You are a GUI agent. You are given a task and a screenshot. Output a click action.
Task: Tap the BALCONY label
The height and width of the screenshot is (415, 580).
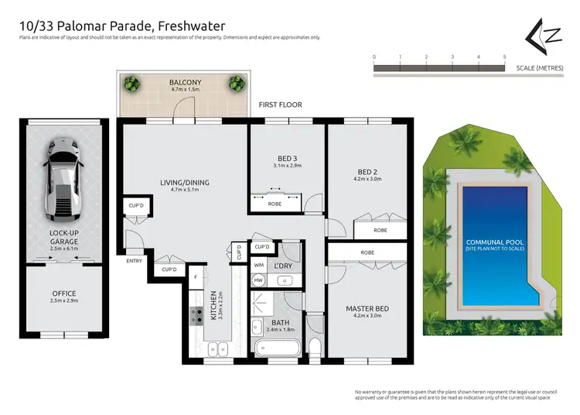tap(185, 82)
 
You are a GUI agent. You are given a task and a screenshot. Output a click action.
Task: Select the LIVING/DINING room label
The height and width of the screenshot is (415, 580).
tap(185, 183)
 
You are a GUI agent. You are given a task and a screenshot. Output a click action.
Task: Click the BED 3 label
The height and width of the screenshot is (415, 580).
tap(287, 158)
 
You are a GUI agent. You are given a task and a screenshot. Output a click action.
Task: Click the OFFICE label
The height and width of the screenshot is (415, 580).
tap(63, 293)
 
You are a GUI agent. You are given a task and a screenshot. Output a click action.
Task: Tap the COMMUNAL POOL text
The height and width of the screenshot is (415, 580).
tap(494, 242)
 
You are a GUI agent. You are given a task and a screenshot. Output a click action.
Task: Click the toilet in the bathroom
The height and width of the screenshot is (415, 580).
tap(315, 345)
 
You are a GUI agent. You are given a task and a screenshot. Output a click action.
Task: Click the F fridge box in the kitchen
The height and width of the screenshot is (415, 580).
tap(196, 276)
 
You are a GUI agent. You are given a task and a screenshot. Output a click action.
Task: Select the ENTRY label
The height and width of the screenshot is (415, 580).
tap(134, 261)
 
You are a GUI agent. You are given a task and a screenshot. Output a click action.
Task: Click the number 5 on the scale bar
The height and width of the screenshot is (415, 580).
tap(504, 57)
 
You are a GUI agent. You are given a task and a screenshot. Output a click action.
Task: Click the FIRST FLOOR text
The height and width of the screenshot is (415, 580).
tap(280, 105)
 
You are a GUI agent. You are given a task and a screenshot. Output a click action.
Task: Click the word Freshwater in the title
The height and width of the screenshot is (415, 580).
tap(186, 26)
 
